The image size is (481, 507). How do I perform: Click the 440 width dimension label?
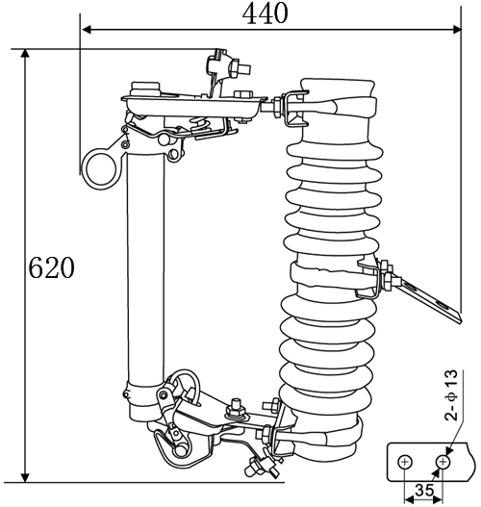[265, 13]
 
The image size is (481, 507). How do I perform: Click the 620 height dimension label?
[51, 267]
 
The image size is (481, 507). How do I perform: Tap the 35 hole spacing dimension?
[424, 491]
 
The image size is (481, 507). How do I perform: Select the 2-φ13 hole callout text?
[451, 395]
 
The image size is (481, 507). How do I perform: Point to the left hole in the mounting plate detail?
[405, 462]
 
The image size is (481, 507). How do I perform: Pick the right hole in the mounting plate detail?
[443, 462]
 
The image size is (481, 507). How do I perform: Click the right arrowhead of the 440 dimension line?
[456, 30]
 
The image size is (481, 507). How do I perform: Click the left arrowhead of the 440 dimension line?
[86, 30]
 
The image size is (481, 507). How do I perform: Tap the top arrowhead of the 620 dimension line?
[25, 54]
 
